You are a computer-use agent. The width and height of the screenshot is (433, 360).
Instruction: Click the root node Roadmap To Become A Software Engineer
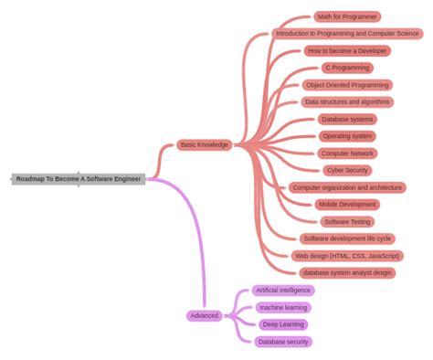click(79, 179)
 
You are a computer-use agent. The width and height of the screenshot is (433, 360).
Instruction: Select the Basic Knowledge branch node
click(205, 144)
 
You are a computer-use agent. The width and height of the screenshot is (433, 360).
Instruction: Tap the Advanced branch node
click(205, 315)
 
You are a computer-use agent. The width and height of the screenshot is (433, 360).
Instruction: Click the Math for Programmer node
click(347, 16)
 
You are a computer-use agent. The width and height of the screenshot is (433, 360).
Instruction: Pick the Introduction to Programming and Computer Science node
click(347, 34)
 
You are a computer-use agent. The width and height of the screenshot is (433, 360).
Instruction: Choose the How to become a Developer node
click(347, 51)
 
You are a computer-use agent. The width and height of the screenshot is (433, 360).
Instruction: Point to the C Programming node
click(347, 68)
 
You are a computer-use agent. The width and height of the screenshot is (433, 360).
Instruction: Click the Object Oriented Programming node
click(347, 85)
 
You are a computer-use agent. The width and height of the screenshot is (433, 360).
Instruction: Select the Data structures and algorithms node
click(347, 102)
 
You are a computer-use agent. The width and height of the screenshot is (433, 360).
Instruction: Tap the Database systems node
click(347, 119)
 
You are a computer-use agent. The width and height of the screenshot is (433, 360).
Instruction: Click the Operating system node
click(347, 136)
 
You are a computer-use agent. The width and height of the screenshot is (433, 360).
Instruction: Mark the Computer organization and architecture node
click(347, 187)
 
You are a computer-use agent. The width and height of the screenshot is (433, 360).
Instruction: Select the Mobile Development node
click(347, 205)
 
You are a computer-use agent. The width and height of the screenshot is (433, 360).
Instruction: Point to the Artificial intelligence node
click(283, 290)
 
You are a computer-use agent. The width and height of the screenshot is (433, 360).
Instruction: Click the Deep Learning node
click(283, 324)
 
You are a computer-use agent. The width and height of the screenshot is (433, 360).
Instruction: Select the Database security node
click(283, 342)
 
